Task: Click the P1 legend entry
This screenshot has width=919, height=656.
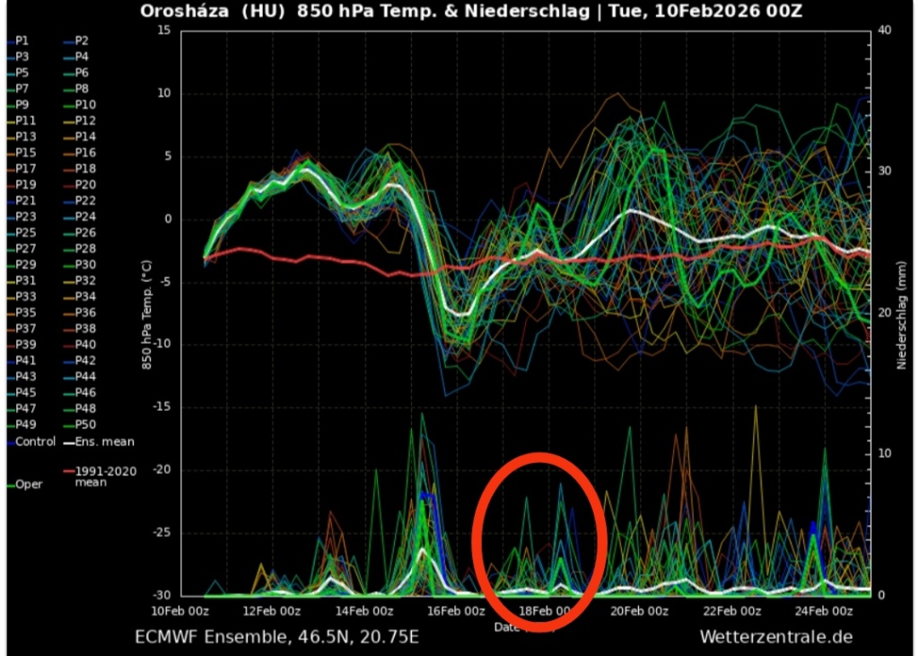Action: (22, 40)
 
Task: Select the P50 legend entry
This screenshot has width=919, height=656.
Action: (85, 424)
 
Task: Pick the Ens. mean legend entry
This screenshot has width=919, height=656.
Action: (104, 442)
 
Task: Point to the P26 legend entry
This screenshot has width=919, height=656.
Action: (85, 232)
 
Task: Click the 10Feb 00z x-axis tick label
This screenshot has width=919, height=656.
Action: (180, 610)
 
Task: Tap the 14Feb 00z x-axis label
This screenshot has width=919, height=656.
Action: (363, 610)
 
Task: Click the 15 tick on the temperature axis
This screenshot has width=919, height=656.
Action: (163, 31)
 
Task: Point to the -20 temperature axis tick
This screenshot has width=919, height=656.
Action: (161, 470)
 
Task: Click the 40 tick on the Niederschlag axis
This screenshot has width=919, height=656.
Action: (885, 31)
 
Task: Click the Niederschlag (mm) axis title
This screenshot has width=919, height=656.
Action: (901, 312)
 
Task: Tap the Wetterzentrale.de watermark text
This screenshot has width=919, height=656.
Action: (776, 637)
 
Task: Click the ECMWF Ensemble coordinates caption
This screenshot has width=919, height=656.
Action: (276, 637)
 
